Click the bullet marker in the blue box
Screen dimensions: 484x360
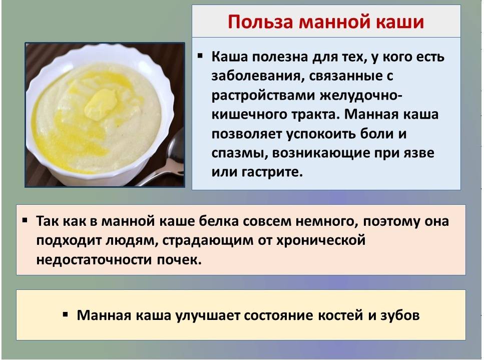[x=201, y=56]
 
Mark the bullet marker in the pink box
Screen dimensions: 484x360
[x=25, y=221]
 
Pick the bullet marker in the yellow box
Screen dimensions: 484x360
[x=65, y=314]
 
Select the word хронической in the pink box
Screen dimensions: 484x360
[x=321, y=240]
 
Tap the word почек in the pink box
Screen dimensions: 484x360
[x=179, y=260]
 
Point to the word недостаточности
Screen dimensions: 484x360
[x=94, y=260]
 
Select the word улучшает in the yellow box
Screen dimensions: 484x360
[x=207, y=316]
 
